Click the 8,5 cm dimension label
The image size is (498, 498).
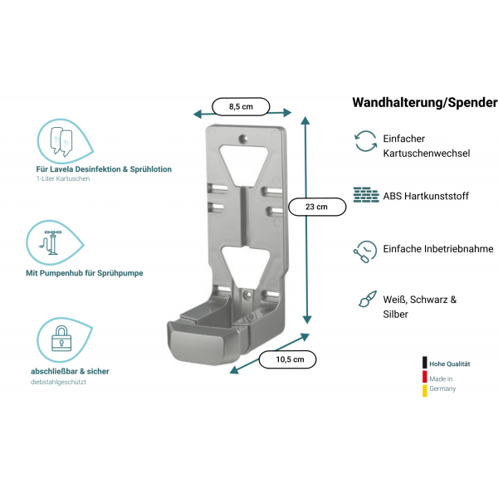click(x=241, y=106)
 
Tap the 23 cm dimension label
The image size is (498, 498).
click(x=316, y=207)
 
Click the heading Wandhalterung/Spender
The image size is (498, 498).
click(x=424, y=103)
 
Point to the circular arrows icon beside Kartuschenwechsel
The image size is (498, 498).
click(x=365, y=140)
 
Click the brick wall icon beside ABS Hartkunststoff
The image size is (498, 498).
click(x=365, y=196)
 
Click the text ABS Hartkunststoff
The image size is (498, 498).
click(x=426, y=197)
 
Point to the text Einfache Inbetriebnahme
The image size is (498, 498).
click(x=438, y=248)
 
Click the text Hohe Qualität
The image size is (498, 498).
click(x=450, y=364)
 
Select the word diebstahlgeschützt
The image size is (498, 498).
click(x=59, y=382)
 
